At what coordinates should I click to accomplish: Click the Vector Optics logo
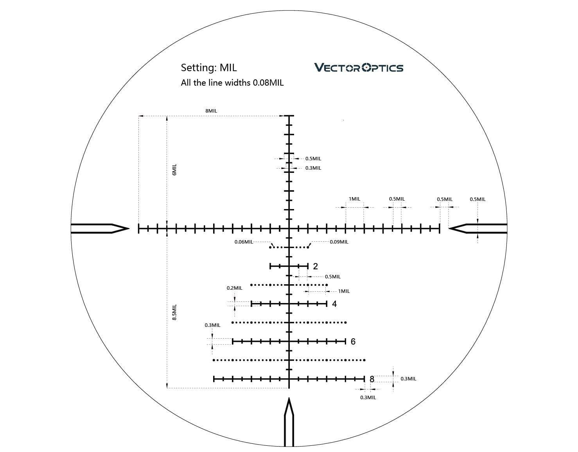pos(359,68)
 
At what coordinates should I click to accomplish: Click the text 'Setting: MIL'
pos(208,68)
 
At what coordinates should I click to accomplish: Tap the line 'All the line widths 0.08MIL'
pos(232,83)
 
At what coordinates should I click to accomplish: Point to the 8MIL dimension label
pos(211,111)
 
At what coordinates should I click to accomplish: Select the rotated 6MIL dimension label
pos(174,170)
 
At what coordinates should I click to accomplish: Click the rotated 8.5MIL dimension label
pos(174,312)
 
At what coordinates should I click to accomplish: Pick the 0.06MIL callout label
pos(244,242)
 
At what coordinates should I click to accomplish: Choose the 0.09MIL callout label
pos(339,242)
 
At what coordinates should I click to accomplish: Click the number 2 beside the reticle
pos(315,266)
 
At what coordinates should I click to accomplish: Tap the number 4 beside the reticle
pos(334,304)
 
